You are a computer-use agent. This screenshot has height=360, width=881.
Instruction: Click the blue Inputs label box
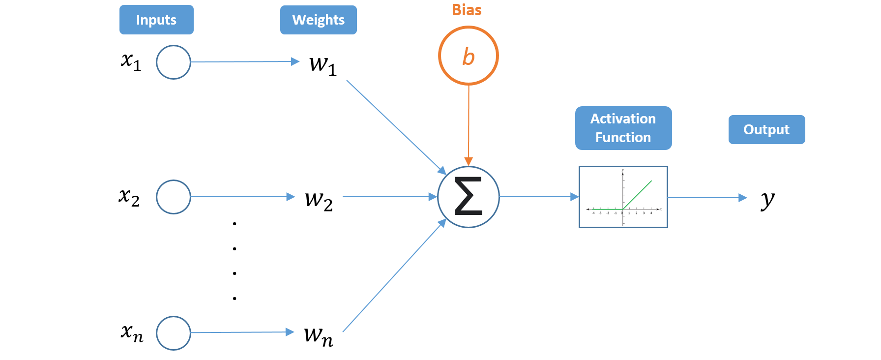pos(156,20)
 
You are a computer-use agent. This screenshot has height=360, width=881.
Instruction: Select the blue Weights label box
pos(318,20)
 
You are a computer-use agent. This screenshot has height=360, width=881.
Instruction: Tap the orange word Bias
pos(467,10)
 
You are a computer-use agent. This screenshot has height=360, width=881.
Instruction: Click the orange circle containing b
pos(468,56)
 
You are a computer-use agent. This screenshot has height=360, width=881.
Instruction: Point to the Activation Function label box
pos(623,128)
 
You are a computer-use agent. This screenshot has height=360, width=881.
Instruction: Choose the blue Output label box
pos(766,129)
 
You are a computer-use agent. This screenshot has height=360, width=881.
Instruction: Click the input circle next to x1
pos(174,62)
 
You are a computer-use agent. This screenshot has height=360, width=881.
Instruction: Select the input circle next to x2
pos(174,197)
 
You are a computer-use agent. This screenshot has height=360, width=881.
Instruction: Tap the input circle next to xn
pos(174,333)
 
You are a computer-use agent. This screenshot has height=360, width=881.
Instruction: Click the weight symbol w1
pos(323,64)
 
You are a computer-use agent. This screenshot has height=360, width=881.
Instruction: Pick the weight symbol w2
pos(319,200)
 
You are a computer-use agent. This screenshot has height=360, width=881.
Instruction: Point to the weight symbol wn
pos(318,335)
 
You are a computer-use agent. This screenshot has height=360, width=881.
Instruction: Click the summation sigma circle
pos(469,197)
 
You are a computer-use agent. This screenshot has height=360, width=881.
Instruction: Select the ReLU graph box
pos(623,197)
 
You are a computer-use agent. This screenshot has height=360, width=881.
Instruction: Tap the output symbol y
pos(767,199)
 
